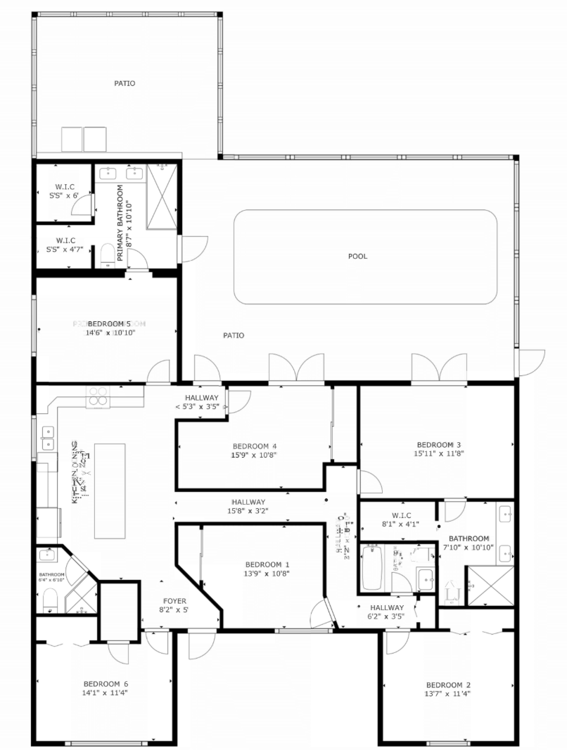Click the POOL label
point(358,257)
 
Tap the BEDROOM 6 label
point(106,684)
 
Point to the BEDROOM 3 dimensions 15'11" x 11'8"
point(439,454)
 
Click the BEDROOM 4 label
point(254,446)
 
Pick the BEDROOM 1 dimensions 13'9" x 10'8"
point(267,574)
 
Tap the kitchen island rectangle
point(110,491)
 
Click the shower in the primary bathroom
point(161,197)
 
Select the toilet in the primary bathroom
point(108,256)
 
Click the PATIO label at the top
point(125,84)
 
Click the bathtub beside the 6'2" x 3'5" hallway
point(371,568)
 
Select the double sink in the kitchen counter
point(47,437)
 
